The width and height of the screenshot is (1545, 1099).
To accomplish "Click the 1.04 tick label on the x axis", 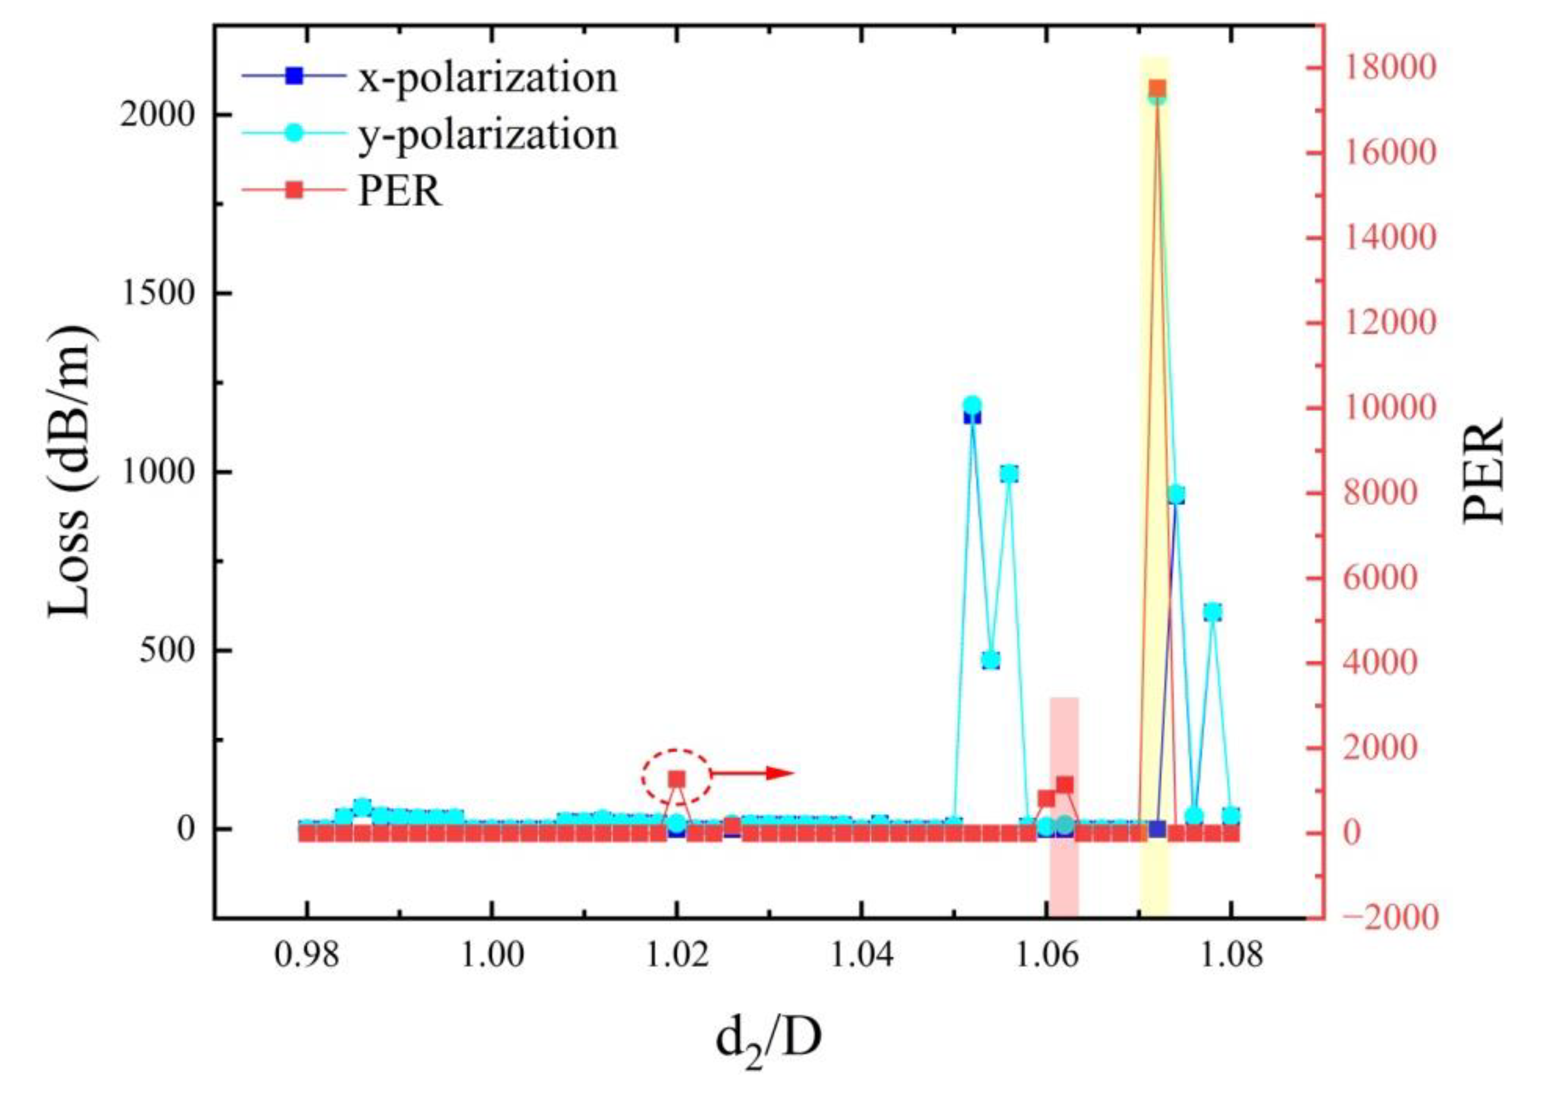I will (x=860, y=956).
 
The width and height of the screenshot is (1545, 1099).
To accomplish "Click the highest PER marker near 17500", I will (x=1157, y=88).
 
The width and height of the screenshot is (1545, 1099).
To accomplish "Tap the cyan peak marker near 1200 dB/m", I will (x=972, y=405).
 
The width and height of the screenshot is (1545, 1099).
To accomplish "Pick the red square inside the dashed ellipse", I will (x=677, y=779).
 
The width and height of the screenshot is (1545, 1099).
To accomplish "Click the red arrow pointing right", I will (x=751, y=773).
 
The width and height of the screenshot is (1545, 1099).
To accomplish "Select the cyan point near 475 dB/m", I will (x=991, y=660).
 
